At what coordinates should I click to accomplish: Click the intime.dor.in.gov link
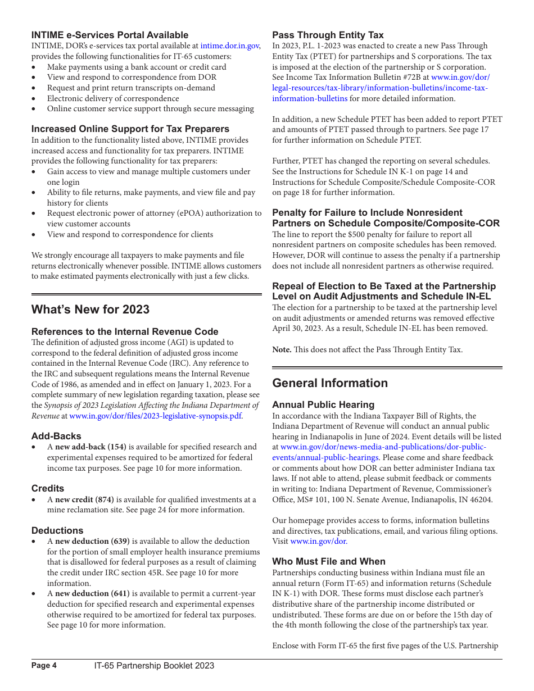(229, 46)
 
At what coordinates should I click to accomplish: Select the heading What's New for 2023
(90, 310)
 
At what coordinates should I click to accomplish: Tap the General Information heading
(330, 383)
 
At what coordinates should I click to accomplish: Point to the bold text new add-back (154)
(90, 447)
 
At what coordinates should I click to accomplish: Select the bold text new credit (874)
(84, 499)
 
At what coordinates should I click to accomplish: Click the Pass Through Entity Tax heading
(328, 35)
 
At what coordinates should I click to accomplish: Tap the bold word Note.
(282, 350)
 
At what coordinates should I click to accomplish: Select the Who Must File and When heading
(329, 561)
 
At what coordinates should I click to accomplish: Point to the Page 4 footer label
(44, 666)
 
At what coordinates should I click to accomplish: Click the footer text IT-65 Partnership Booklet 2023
(154, 666)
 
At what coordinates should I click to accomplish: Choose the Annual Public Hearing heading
(323, 404)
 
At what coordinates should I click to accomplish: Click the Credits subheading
(48, 489)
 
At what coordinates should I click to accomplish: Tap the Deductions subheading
(57, 530)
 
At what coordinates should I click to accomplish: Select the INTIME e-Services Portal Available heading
(110, 35)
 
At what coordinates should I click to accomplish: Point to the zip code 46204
(479, 499)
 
